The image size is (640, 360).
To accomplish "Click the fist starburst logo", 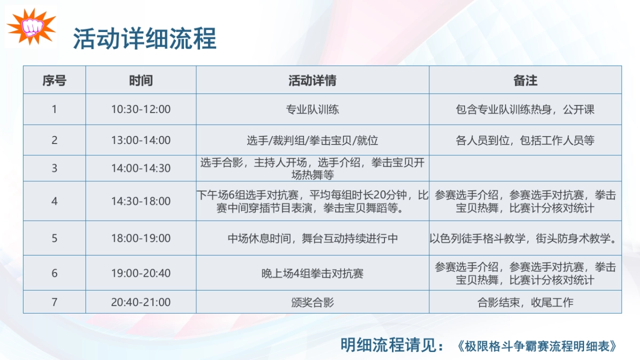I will pos(31,27).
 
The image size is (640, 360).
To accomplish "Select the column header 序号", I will pos(54,81).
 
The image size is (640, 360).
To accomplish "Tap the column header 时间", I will pos(141,81).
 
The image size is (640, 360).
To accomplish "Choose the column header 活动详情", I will pos(313,81).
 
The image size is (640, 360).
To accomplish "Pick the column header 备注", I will pos(525,81).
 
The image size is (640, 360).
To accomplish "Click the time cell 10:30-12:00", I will pos(141,109).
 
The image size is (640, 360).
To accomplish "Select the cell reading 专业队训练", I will pos(313,109).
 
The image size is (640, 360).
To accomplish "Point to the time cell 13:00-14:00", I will pos(141,140).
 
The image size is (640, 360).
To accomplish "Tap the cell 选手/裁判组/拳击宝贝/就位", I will pos(313,140).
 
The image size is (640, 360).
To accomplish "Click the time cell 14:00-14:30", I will pos(141,169).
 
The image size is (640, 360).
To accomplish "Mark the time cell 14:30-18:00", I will pos(141,201).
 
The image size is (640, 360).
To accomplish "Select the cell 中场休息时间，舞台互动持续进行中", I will pos(313,238).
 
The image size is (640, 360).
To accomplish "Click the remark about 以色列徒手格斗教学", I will pos(525,238).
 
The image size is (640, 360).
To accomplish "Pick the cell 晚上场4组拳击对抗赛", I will pos(313,273).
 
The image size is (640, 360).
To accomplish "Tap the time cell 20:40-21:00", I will pos(141,302).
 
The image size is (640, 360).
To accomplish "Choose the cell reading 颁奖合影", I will pos(313,302).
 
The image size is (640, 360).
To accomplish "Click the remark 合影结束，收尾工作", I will pos(525,302).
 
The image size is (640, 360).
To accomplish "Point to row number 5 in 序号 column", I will pos(54,238).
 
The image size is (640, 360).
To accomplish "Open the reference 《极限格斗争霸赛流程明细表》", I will pos(538,346).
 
